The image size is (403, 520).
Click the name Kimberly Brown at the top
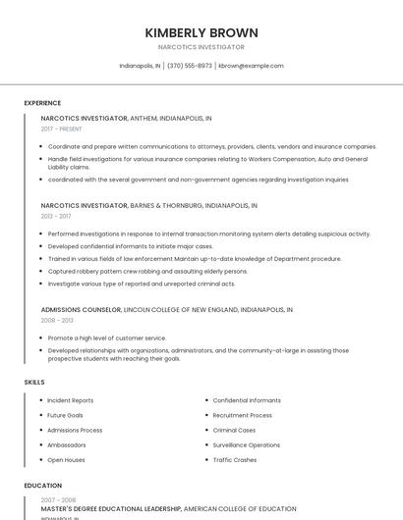(201, 31)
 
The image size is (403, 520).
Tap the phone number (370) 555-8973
(190, 66)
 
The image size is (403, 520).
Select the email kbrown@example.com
(251, 66)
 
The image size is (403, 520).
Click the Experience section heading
(42, 103)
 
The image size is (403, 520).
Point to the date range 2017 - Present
(62, 129)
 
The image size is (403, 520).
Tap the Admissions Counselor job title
(82, 309)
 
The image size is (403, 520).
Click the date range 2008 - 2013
(57, 320)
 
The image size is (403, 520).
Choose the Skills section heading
(34, 382)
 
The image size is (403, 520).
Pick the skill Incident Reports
(71, 400)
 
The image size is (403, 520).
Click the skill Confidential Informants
(247, 400)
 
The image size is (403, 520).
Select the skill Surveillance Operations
(247, 444)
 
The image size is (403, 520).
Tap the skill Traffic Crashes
(235, 459)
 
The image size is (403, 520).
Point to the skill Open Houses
(67, 459)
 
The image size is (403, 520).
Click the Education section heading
(43, 486)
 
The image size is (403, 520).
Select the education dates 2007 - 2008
(58, 499)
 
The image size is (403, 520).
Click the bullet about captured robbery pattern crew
(147, 271)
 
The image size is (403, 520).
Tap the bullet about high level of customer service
(107, 338)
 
